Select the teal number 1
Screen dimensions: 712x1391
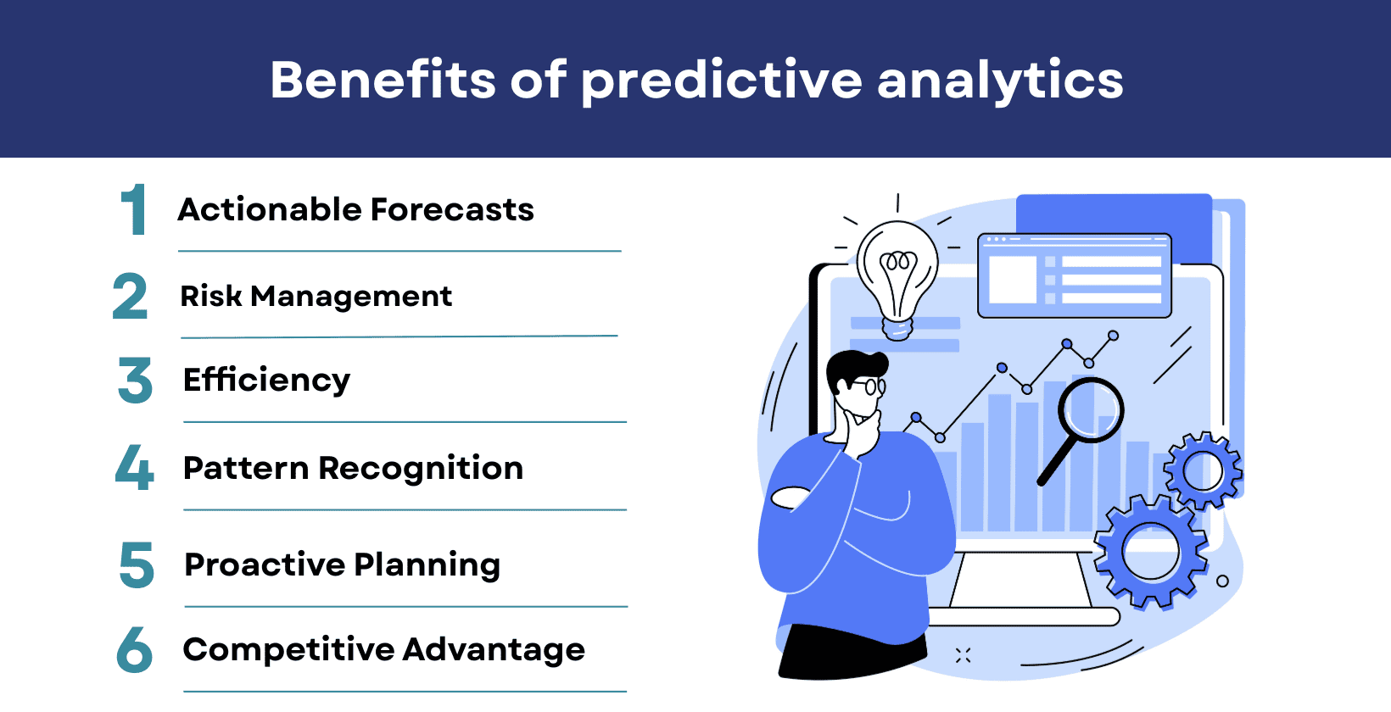(134, 209)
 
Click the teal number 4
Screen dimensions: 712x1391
(134, 467)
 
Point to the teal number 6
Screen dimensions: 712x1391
(134, 650)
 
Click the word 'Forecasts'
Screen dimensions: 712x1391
(451, 209)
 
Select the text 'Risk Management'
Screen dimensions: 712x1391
(316, 297)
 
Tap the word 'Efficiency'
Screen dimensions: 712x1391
(266, 380)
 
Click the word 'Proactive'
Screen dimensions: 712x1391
(264, 565)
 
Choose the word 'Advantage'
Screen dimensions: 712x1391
(493, 650)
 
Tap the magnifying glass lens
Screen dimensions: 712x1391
(1091, 410)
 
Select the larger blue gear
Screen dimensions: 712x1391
(1150, 552)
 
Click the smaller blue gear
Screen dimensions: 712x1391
(1202, 471)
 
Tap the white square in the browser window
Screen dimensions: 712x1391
(1012, 279)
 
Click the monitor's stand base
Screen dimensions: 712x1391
(1022, 616)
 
